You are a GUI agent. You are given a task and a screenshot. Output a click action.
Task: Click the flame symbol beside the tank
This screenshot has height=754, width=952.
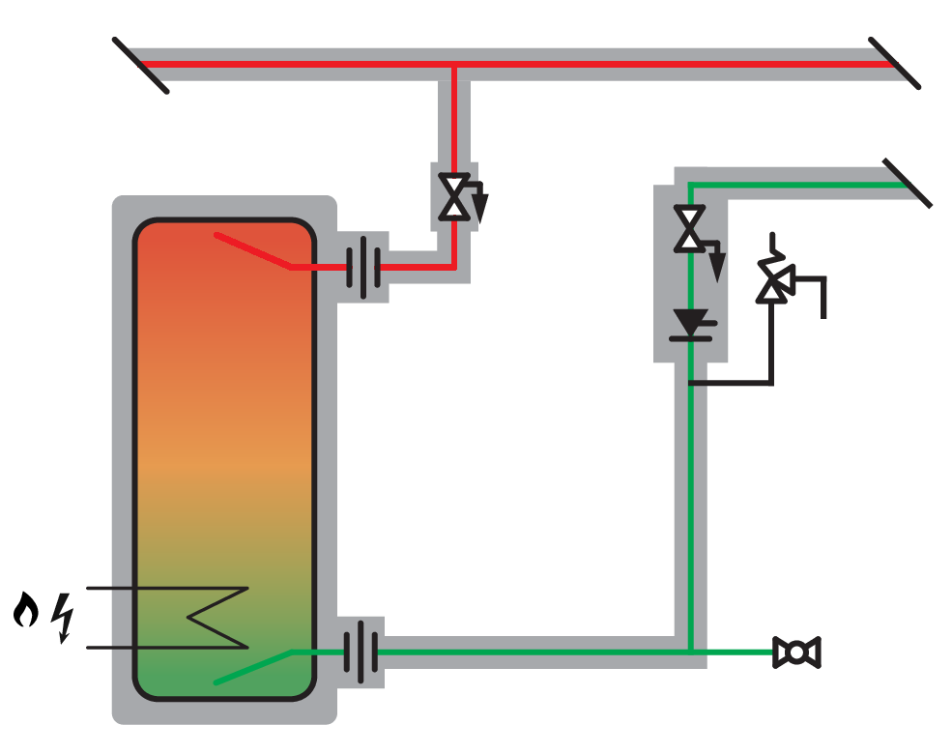(26, 611)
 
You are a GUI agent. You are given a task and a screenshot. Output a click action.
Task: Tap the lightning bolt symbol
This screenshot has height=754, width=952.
(64, 619)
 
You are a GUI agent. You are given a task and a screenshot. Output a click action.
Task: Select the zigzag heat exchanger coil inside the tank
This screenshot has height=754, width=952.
(217, 618)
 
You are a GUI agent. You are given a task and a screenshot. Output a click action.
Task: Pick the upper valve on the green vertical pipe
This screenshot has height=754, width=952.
(689, 229)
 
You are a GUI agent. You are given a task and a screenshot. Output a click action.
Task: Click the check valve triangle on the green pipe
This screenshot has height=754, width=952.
(690, 322)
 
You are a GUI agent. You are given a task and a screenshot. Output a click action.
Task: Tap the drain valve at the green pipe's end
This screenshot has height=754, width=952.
(796, 652)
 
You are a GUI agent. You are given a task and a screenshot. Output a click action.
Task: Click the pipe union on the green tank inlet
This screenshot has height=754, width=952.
(361, 652)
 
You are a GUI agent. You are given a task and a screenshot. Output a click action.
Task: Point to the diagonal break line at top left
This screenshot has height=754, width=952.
(141, 65)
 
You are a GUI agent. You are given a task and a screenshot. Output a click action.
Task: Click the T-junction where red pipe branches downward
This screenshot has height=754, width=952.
(453, 65)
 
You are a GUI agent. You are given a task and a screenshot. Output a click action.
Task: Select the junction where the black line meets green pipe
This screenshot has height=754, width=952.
(690, 384)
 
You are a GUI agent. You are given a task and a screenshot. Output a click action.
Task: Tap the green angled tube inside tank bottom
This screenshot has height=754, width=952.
(253, 668)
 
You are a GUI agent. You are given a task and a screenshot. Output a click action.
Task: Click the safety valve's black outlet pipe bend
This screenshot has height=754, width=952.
(823, 281)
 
